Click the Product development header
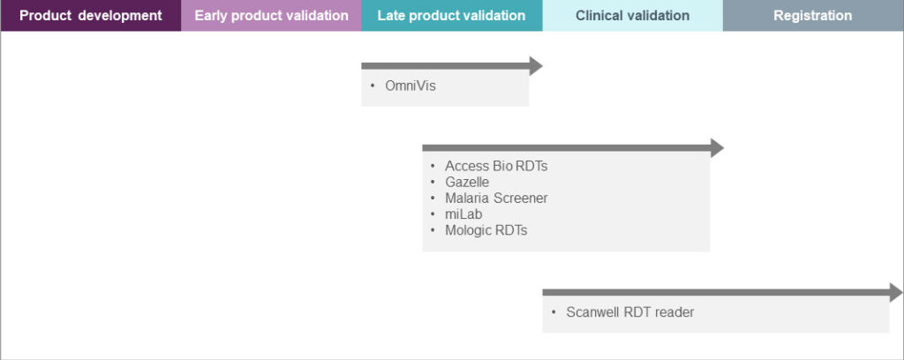coord(90,16)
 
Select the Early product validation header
coord(271,16)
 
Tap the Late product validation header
coord(451,16)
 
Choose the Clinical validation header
coord(632,16)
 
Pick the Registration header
coord(812,16)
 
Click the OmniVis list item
coord(411,86)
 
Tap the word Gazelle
coord(467,182)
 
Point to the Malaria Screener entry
coord(496,198)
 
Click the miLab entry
coord(463,214)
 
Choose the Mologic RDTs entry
coord(486,230)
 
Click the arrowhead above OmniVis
coord(535,65)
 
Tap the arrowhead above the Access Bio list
coord(716,147)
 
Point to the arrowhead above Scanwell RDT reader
coord(895,292)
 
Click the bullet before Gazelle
coord(433,183)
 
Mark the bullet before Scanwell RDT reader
coord(554,312)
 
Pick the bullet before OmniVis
coord(373,86)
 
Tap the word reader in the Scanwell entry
coord(674,312)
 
